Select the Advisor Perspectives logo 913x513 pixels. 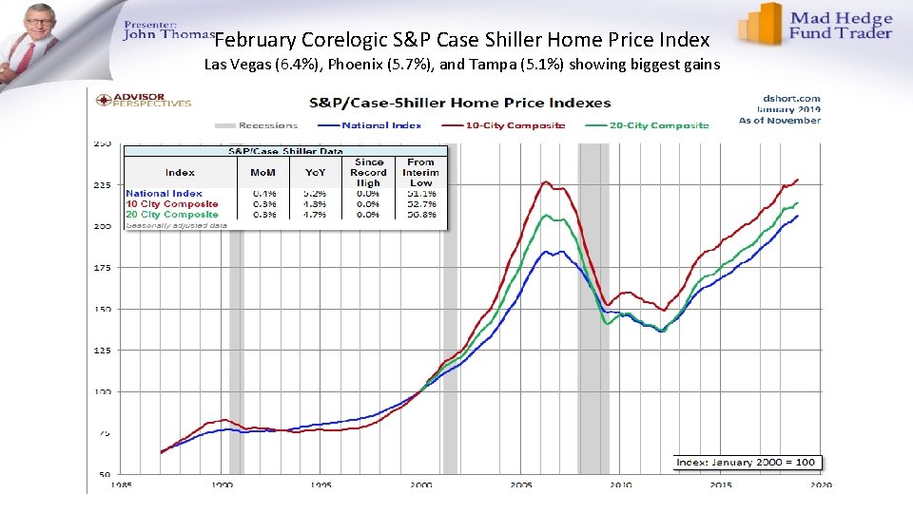tap(141, 99)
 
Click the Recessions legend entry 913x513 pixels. tap(257, 125)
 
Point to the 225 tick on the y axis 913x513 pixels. tap(102, 185)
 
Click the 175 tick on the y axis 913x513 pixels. tap(102, 268)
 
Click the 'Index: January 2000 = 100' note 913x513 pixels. tap(746, 463)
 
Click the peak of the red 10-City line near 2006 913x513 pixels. tap(546, 181)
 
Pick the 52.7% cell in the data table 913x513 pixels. tap(420, 204)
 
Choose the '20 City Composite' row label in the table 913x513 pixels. tap(172, 215)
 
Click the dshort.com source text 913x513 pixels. tap(791, 98)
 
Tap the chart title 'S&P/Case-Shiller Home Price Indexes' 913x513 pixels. tap(459, 103)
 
